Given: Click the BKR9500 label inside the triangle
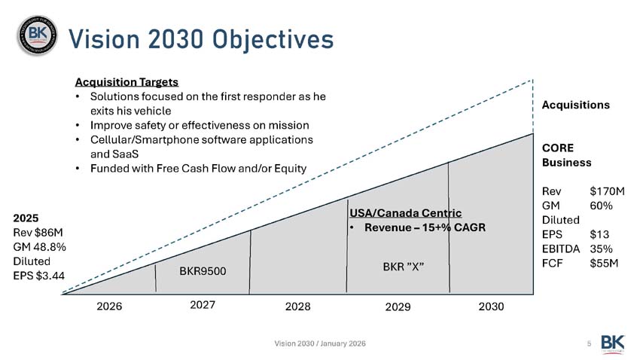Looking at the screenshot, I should coord(203,270).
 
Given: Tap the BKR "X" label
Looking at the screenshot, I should coord(405,267).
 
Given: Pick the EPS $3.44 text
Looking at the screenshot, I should coord(39,275).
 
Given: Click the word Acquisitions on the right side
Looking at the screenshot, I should coord(575,105).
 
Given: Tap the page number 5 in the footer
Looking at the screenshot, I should coord(588,343).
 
